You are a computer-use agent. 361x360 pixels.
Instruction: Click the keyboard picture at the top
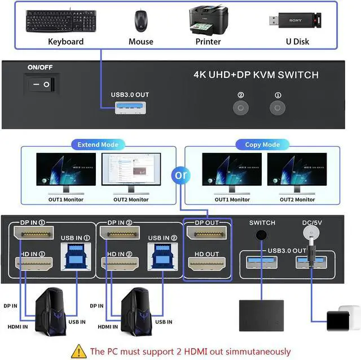65,21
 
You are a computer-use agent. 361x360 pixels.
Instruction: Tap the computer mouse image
140,21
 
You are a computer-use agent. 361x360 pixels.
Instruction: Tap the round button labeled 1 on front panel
276,108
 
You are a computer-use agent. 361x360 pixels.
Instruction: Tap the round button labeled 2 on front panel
241,108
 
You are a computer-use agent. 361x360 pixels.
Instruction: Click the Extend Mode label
98,144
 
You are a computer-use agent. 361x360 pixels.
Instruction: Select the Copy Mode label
262,144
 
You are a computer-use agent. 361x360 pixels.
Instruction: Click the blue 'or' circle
180,175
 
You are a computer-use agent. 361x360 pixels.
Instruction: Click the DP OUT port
206,232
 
